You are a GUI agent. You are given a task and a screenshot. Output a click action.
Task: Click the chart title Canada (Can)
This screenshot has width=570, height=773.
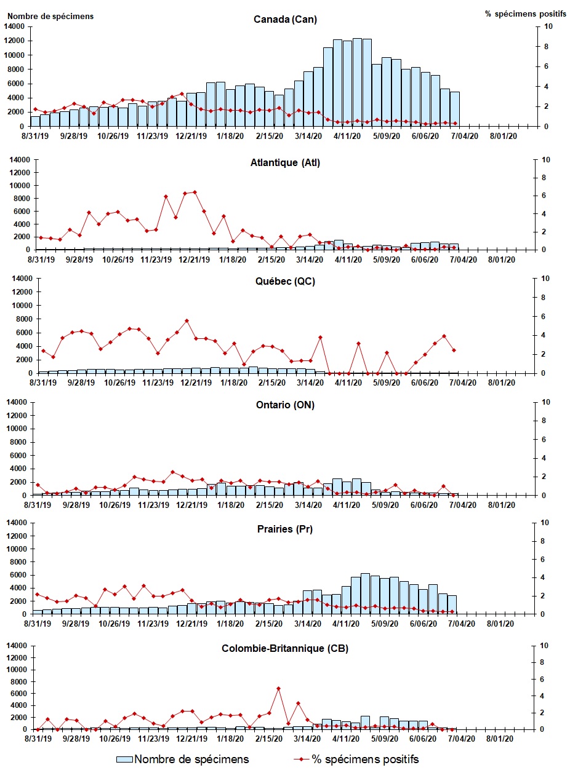click(x=285, y=19)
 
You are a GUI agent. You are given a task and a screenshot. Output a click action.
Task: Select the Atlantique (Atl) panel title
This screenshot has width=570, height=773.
click(x=285, y=163)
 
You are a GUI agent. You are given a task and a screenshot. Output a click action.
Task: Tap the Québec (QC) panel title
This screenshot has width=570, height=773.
click(x=285, y=284)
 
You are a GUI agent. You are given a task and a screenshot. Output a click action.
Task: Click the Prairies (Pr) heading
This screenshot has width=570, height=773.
click(x=285, y=529)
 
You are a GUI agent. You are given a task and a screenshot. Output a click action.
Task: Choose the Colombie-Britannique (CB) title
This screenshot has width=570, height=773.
click(x=285, y=649)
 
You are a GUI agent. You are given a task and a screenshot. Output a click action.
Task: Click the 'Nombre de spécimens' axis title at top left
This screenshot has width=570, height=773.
click(x=50, y=16)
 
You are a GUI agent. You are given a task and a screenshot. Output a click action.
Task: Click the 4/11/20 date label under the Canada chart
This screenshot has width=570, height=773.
click(x=348, y=137)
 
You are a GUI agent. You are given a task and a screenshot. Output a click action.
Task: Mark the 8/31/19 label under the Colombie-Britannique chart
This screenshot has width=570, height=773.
click(x=38, y=739)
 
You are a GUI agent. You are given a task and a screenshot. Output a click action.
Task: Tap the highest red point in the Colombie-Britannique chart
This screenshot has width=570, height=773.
click(x=279, y=688)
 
